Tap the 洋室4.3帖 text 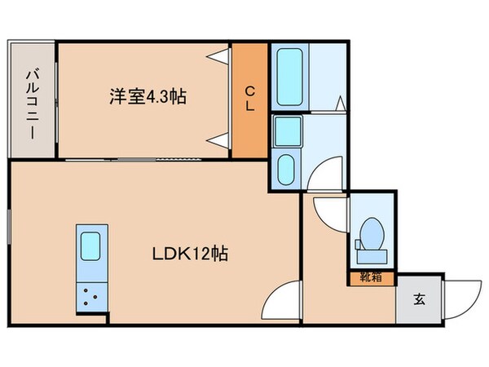coord(148,97)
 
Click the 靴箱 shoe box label coord(371,277)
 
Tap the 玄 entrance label coord(419,299)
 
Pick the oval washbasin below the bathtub coord(287,170)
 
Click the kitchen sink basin coord(88,245)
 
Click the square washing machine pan coord(286,130)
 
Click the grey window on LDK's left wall coord(9,228)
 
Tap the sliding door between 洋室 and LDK coord(143,159)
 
